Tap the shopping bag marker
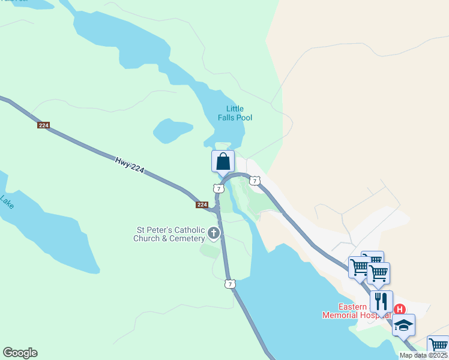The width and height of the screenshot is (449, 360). click(x=223, y=161)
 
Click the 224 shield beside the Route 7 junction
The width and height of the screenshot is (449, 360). click(x=202, y=205)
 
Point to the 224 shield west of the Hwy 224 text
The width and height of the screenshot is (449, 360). click(x=43, y=125)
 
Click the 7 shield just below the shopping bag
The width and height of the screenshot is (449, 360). click(x=218, y=188)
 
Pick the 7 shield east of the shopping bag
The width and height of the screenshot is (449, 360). click(x=255, y=181)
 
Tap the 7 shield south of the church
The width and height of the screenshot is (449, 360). click(x=229, y=284)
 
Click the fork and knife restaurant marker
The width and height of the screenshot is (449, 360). click(x=381, y=300)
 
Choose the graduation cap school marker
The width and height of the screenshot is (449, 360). click(x=403, y=325)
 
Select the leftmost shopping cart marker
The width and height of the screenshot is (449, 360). click(x=360, y=266)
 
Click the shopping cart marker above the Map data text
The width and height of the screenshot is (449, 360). click(x=438, y=345)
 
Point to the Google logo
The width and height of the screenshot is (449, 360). click(x=20, y=353)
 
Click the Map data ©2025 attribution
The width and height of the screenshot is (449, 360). click(x=423, y=355)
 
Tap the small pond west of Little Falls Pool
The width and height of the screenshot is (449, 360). click(x=172, y=130)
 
